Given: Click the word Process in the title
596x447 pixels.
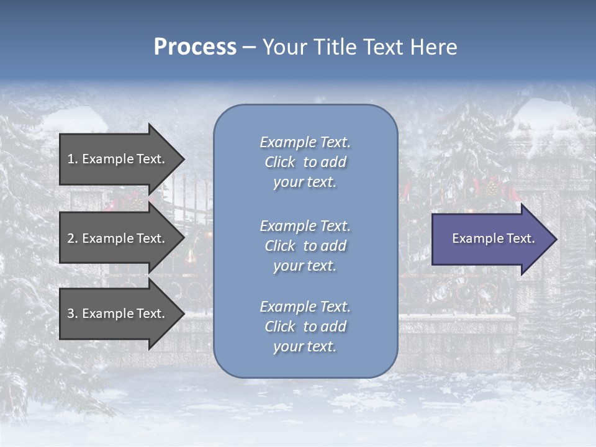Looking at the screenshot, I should click(x=195, y=47).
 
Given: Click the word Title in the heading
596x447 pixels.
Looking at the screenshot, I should click(x=333, y=47).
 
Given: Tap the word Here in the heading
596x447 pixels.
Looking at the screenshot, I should click(x=433, y=47).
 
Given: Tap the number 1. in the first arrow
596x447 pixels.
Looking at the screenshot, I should click(x=72, y=159).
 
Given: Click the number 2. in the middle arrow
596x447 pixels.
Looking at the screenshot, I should click(x=72, y=238).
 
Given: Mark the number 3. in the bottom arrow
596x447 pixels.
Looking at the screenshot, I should click(x=72, y=314).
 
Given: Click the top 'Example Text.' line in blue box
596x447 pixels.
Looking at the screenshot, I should click(x=305, y=142).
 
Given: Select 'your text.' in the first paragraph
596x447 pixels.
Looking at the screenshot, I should click(x=305, y=183).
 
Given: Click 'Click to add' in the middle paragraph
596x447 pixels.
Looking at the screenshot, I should click(x=305, y=246).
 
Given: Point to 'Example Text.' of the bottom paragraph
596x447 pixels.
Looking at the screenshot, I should click(x=305, y=307).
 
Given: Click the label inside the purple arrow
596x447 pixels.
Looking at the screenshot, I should click(x=493, y=238).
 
